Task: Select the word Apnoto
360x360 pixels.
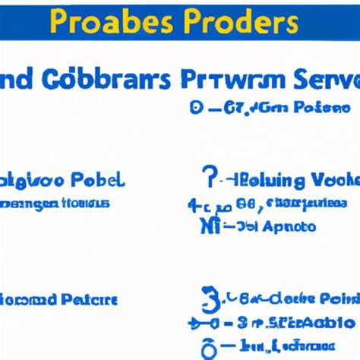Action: pos(289,226)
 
